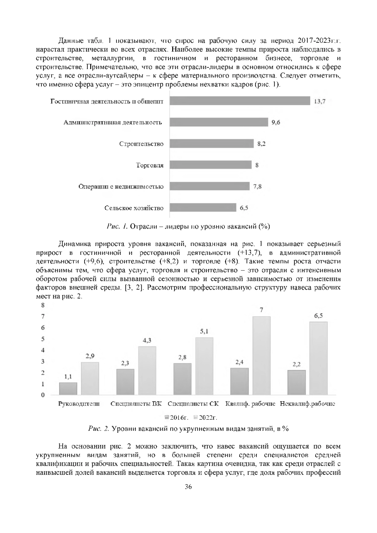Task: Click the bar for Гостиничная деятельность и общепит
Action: pos(240,101)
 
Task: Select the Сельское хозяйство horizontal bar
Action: pos(203,208)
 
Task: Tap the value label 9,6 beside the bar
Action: pos(276,122)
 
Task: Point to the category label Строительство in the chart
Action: pos(141,144)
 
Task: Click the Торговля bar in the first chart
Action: pos(211,165)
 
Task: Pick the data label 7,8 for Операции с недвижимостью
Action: pos(257,187)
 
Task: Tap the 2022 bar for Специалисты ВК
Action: pos(147,370)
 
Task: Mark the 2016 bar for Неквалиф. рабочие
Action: pos(297,382)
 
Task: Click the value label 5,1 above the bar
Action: pos(204,332)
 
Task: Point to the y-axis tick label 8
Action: pos(43,305)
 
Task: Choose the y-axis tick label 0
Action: pos(43,395)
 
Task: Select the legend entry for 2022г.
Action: pos(206,417)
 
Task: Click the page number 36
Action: pos(188,496)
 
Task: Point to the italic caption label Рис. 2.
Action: pos(99,429)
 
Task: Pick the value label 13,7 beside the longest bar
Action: pos(319,101)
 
